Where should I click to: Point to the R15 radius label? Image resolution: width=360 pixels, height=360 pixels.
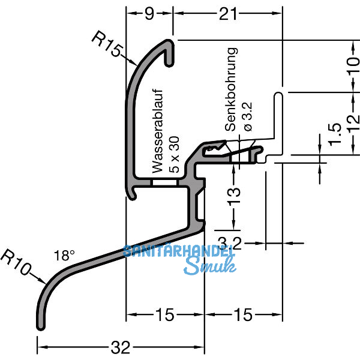point(107,45)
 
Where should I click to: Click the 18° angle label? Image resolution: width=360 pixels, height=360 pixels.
point(63,256)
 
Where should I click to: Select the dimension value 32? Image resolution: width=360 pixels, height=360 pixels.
point(121,347)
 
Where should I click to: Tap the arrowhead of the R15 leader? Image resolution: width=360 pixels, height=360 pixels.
point(133,62)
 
